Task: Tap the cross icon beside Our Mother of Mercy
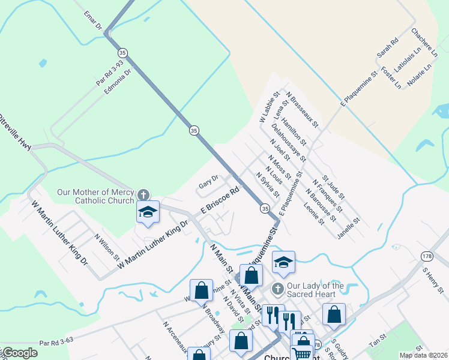pyautogui.click(x=143, y=195)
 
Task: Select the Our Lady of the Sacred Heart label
pyautogui.click(x=316, y=290)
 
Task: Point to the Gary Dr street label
pyautogui.click(x=208, y=182)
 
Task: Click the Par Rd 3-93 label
pyautogui.click(x=109, y=71)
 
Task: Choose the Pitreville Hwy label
pyautogui.click(x=16, y=133)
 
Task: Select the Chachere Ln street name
pyautogui.click(x=423, y=38)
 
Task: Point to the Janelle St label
pyautogui.click(x=348, y=229)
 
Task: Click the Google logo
pyautogui.click(x=20, y=353)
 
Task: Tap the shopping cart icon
pyautogui.click(x=302, y=352)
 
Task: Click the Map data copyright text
pyautogui.click(x=423, y=355)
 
